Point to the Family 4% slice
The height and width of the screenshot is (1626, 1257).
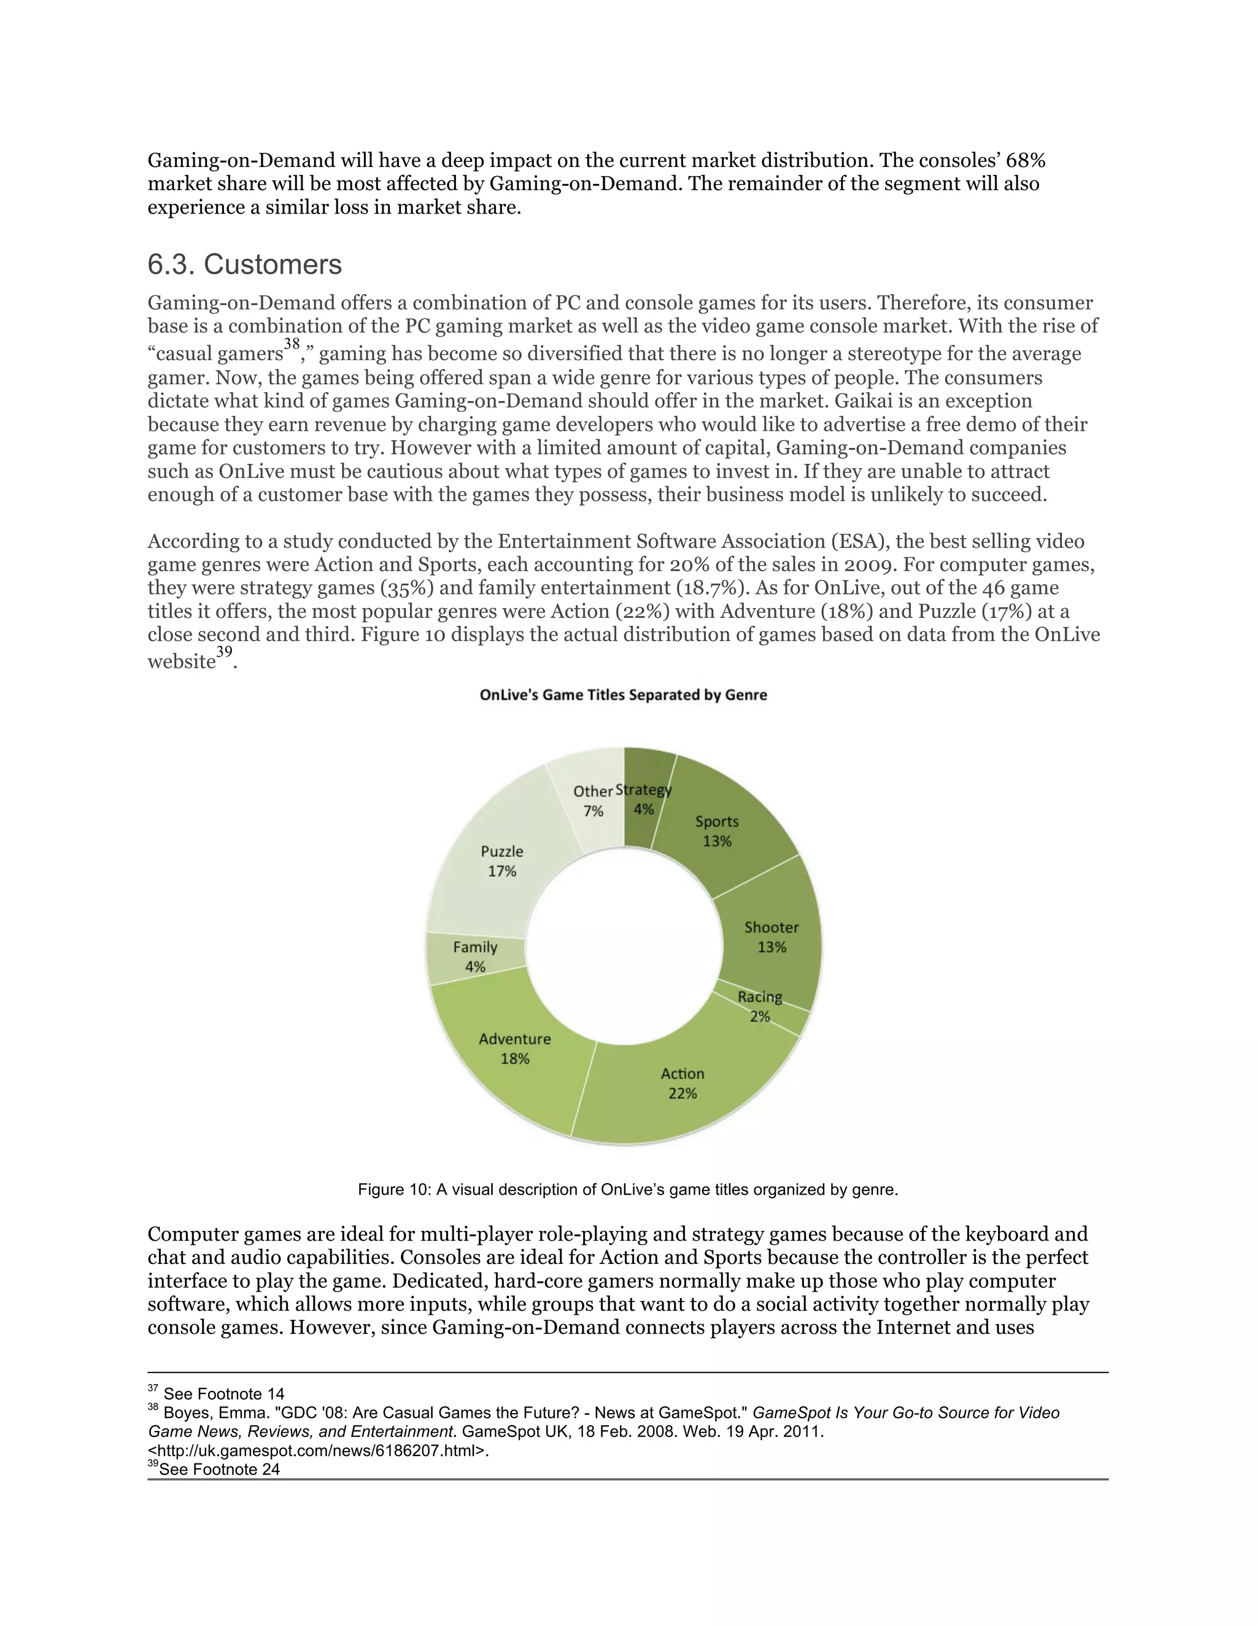pyautogui.click(x=474, y=957)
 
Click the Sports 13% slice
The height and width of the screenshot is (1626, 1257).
pyautogui.click(x=717, y=831)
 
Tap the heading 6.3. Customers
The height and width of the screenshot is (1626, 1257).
pyautogui.click(x=244, y=264)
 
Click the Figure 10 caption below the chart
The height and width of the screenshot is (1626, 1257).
pyautogui.click(x=628, y=1189)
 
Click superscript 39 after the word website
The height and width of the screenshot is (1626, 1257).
pyautogui.click(x=224, y=652)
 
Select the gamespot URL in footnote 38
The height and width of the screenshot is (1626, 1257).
pyautogui.click(x=318, y=1451)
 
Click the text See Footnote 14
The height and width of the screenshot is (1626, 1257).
pyautogui.click(x=223, y=1393)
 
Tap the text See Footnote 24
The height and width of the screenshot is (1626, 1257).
pyautogui.click(x=219, y=1469)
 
